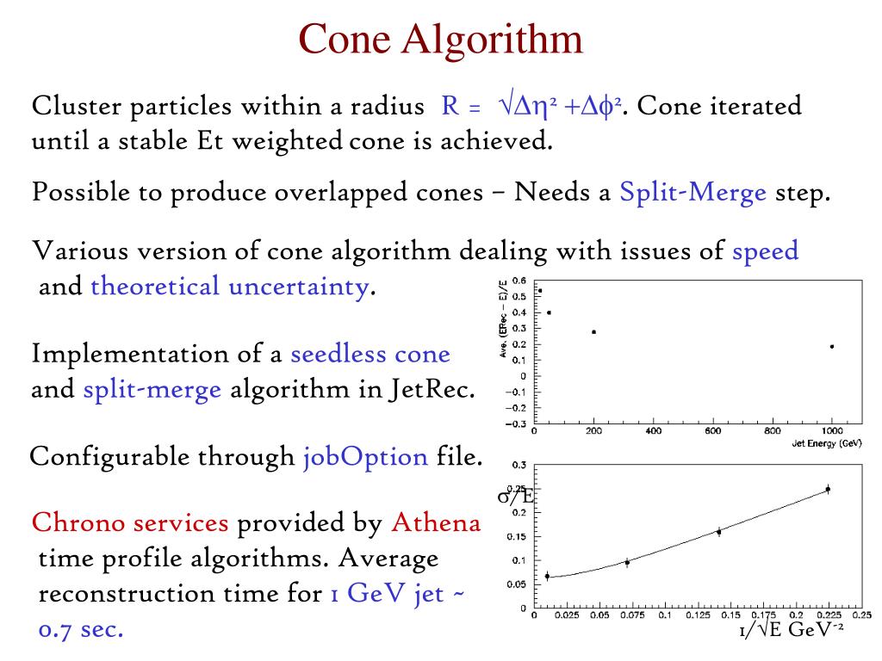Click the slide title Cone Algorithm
coord(440,39)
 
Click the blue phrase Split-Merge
coord(693,192)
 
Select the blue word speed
coord(765,251)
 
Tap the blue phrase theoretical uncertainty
coord(229,286)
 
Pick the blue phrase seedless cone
coord(370,354)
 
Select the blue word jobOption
coord(365,456)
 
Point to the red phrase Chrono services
coord(130,522)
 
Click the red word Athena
coord(436,522)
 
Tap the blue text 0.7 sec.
coord(82,629)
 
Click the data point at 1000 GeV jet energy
coord(832,347)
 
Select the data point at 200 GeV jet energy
coord(593,331)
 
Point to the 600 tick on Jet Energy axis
coord(713,431)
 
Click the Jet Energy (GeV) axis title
coord(827,443)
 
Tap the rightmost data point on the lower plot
coord(828,489)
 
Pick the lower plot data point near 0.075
coord(627,562)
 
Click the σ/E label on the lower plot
coord(515,496)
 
